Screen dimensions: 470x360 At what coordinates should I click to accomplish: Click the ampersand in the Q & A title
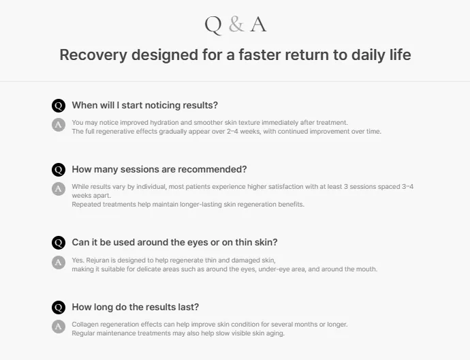pos(236,24)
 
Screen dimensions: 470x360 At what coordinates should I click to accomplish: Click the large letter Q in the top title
pos(213,25)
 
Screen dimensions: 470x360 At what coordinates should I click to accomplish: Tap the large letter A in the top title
pos(258,25)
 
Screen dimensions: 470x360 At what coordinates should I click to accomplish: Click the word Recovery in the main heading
pos(93,55)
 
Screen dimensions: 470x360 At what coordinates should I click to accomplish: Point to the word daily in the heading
pos(368,55)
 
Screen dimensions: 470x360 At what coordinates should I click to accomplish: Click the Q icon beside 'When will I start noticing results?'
pos(59,106)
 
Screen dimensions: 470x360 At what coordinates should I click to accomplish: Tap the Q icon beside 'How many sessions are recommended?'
pos(59,170)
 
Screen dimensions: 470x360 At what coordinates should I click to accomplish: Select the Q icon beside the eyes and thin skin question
pos(59,243)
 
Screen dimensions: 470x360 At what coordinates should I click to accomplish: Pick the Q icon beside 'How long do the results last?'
pos(59,307)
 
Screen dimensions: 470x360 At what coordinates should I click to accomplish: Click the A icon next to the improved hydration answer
pos(59,125)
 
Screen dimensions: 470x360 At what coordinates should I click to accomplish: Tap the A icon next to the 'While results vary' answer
pos(59,189)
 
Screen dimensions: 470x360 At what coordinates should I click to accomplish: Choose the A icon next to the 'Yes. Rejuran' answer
pos(59,262)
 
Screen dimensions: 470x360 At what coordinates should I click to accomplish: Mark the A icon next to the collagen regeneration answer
pos(59,327)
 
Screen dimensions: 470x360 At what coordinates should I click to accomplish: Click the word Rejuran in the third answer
pos(97,260)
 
